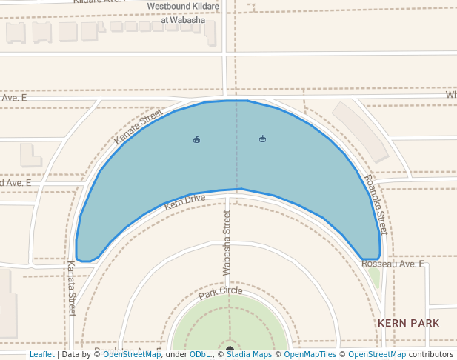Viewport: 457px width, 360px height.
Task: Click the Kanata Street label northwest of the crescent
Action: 139,126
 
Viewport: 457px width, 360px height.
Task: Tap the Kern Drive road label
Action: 184,201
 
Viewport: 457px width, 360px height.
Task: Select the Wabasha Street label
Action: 227,243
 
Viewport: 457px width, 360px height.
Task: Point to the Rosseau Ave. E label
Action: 393,264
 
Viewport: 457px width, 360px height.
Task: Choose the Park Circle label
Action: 220,293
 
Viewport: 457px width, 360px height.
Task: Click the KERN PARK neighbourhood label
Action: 408,323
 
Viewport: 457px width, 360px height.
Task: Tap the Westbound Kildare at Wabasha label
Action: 183,13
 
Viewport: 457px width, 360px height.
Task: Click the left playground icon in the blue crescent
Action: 196,139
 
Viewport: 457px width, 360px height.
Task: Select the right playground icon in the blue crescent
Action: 262,139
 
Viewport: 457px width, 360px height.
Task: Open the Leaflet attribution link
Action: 41,354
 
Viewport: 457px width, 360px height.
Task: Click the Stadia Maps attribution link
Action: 249,354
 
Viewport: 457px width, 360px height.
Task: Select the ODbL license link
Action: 199,354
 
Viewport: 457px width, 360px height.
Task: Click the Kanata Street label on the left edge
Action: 72,287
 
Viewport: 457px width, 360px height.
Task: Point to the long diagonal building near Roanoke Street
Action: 360,131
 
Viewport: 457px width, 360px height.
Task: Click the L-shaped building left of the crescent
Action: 30,155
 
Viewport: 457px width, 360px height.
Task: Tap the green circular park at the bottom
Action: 230,322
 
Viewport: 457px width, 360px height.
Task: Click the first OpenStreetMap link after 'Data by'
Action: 132,354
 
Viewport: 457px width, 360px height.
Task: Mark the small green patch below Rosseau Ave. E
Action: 374,278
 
